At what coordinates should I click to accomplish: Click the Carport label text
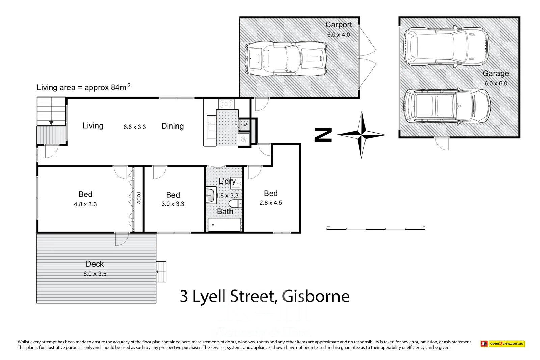(338, 25)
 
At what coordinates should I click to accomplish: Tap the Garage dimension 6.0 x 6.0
(495, 83)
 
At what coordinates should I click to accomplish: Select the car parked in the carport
(286, 58)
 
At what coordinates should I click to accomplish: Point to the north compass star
(361, 135)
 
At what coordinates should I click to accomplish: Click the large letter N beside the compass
(323, 135)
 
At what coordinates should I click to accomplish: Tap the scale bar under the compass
(375, 229)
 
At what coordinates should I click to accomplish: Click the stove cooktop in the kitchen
(226, 104)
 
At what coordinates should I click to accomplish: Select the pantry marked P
(245, 125)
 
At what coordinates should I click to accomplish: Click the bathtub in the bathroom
(224, 225)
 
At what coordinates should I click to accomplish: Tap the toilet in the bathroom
(235, 204)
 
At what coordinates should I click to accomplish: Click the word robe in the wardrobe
(139, 198)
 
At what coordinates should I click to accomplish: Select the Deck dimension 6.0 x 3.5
(95, 274)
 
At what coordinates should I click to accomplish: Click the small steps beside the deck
(161, 272)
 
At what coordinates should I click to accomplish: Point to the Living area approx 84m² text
(83, 87)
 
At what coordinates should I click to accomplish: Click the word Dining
(172, 126)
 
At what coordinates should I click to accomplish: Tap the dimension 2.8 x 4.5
(271, 203)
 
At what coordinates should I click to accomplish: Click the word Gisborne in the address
(316, 296)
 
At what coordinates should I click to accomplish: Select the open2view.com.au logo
(503, 344)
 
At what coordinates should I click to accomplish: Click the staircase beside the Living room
(51, 111)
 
